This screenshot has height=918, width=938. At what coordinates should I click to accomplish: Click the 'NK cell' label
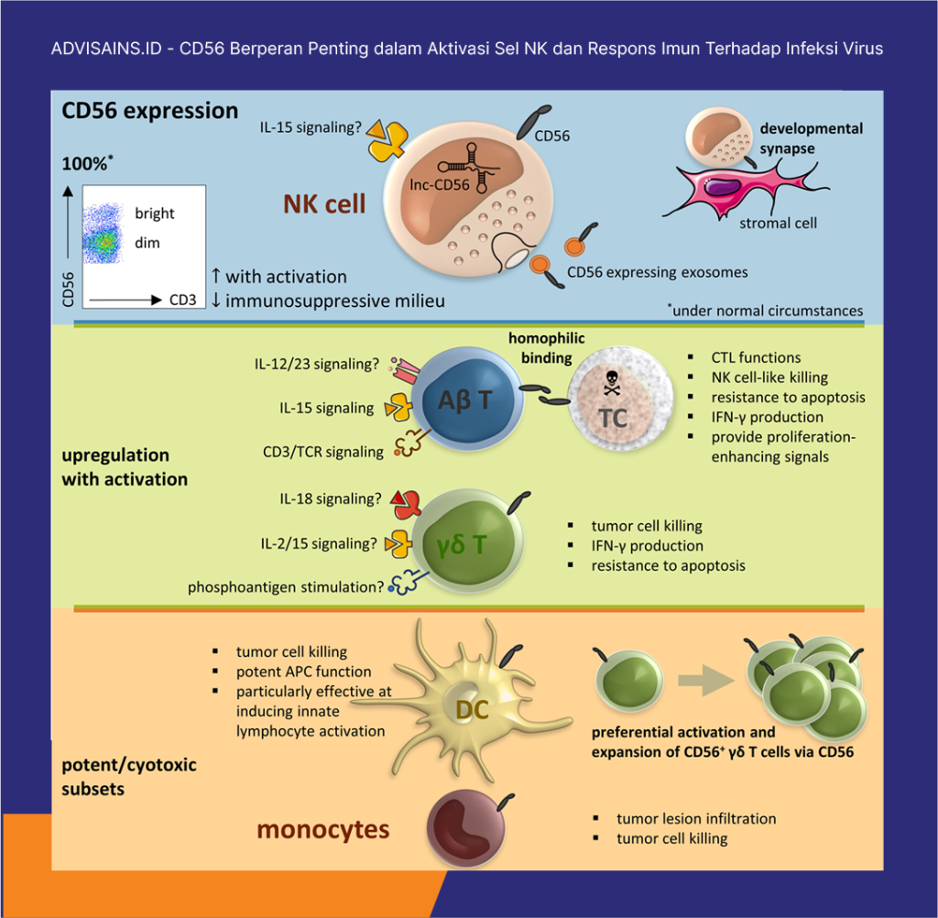coord(325,203)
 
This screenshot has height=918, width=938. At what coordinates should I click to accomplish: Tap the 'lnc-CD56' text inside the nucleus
coord(439,185)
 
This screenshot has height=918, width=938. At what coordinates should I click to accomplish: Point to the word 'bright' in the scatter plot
coord(154,213)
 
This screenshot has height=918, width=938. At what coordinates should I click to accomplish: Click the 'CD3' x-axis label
coord(183,300)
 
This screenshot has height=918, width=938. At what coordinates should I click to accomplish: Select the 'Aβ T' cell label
coord(465,399)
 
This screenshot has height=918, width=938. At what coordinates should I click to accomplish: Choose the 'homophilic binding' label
coord(546,347)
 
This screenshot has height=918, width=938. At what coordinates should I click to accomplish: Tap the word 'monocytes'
coord(322,830)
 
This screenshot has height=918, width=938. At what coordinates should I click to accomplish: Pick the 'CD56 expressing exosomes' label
coord(657,272)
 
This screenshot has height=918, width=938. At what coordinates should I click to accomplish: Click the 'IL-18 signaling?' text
coord(330,499)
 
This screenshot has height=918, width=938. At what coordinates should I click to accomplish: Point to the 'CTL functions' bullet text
coord(756,357)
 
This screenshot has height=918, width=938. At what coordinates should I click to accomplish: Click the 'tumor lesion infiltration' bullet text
coord(695,818)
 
